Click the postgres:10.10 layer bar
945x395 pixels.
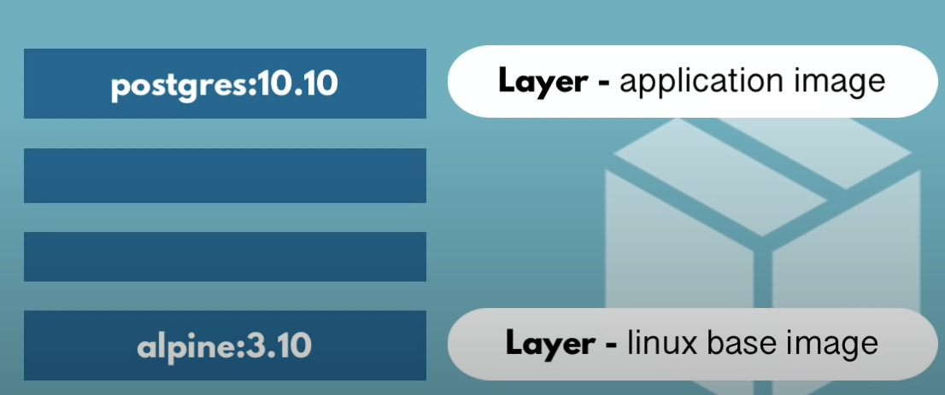coord(225,83)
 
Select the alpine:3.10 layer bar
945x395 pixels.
coord(225,346)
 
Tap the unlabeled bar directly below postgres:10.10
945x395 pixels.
coord(225,176)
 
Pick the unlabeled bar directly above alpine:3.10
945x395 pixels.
coord(225,256)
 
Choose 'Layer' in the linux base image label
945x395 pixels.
coord(549,343)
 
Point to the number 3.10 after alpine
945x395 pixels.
coord(279,347)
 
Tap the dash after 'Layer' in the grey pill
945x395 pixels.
coord(609,345)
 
